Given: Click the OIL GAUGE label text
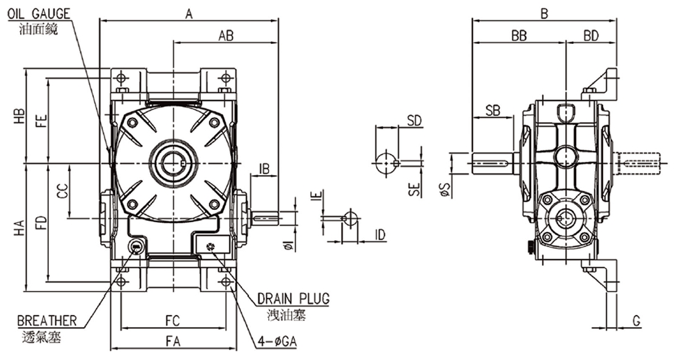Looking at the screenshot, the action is click(38, 14).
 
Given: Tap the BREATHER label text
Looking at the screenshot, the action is click(47, 321).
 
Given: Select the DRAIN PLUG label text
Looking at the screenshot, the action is click(294, 298).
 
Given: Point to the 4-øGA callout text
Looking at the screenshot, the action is click(277, 342).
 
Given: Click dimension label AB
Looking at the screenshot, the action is click(226, 36).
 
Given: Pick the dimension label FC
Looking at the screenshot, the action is click(173, 321).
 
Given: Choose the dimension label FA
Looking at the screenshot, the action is click(173, 342).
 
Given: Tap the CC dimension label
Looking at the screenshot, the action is click(63, 192).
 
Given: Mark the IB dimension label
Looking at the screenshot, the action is click(264, 169).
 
